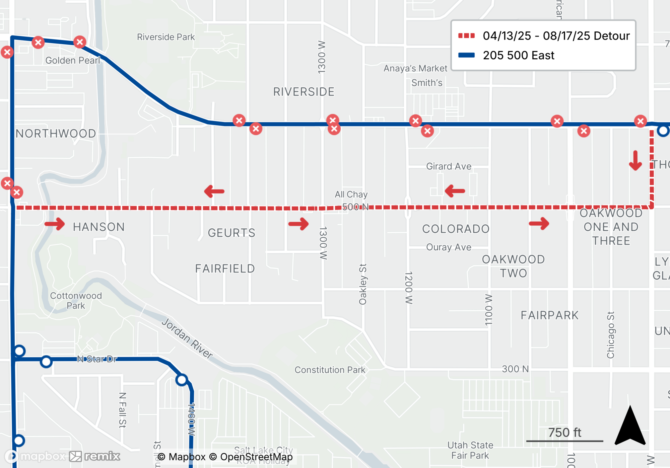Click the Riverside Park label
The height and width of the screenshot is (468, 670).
[x=166, y=37]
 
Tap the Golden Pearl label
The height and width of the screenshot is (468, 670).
[x=73, y=60]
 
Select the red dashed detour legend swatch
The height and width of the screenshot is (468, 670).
[x=466, y=36]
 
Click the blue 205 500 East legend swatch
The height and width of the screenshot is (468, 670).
[x=466, y=55]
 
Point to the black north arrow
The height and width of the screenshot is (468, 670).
[x=630, y=427]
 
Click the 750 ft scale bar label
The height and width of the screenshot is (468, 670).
[x=564, y=432]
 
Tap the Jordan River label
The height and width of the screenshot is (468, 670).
[x=187, y=338]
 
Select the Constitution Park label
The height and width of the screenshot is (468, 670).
[x=330, y=370]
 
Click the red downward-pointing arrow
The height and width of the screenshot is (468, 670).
[x=635, y=161]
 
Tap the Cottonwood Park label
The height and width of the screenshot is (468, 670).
[x=76, y=301]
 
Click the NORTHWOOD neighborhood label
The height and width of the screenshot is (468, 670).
[x=56, y=134]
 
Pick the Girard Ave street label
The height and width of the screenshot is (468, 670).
[x=449, y=166]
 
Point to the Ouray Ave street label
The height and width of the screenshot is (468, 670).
[x=449, y=247]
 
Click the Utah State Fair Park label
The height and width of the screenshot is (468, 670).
[x=470, y=450]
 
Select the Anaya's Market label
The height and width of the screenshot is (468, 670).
[x=415, y=68]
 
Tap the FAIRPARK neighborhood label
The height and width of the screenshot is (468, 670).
[x=549, y=315]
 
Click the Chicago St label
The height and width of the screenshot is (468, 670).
[x=610, y=335]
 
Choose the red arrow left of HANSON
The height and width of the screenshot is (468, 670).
[x=55, y=224]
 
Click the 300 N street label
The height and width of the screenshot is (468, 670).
[x=515, y=369]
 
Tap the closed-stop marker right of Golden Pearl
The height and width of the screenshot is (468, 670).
[x=80, y=42]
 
